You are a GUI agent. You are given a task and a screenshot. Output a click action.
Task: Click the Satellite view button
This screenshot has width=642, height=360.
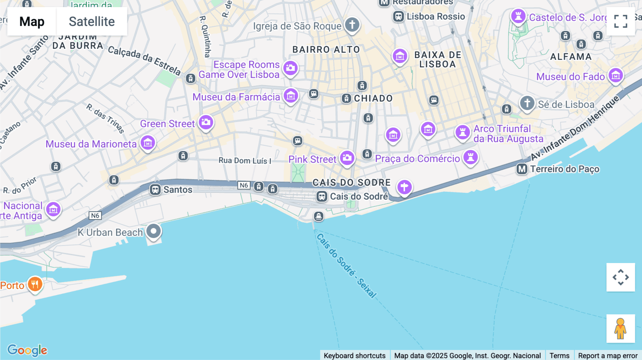(x=92, y=21)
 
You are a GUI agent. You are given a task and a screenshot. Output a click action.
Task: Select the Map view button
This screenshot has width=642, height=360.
(x=32, y=21)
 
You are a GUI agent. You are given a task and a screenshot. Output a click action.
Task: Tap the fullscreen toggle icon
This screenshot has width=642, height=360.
(x=621, y=21)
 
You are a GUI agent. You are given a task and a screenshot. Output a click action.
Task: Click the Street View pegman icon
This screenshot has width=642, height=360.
(x=621, y=329)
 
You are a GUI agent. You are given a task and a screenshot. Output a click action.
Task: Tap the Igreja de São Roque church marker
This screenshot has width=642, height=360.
(x=352, y=25)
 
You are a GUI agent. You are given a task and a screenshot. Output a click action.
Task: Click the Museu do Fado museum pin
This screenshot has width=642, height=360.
(x=616, y=76)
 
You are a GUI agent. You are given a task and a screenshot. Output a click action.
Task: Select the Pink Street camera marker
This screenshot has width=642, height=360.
(x=347, y=158)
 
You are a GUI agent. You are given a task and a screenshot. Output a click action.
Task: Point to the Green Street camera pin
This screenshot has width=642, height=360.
(x=206, y=123)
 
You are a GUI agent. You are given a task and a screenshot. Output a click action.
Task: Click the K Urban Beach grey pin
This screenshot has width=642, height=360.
(x=154, y=231)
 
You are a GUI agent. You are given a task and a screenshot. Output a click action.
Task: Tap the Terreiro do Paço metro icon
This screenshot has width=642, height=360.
(x=522, y=169)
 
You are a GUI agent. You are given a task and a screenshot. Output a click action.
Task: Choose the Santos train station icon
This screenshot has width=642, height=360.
(x=155, y=190)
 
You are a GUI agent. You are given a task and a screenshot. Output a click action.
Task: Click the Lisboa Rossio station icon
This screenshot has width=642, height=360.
(x=398, y=16)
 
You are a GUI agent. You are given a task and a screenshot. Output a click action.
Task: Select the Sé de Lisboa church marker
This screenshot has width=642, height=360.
(x=527, y=103)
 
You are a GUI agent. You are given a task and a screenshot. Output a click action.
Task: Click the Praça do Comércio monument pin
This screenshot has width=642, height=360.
(x=470, y=157)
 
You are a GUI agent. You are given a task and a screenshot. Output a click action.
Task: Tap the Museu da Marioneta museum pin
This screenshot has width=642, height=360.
(x=148, y=143)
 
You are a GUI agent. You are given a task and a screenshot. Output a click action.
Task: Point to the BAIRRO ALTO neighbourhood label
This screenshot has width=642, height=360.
(x=326, y=50)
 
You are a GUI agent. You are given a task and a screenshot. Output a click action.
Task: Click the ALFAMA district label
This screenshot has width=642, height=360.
(x=571, y=57)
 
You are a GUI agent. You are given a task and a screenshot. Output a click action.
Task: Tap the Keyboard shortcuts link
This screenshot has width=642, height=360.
(x=355, y=355)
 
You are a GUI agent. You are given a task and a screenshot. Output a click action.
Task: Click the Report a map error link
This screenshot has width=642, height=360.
(x=608, y=355)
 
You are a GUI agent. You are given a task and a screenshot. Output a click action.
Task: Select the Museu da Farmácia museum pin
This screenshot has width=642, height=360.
(x=291, y=96)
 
